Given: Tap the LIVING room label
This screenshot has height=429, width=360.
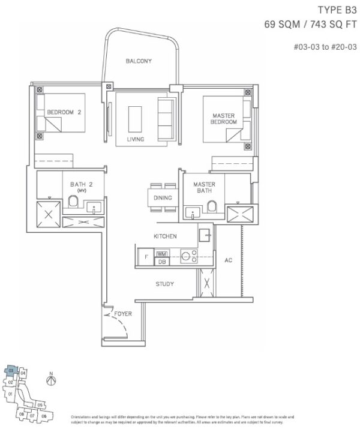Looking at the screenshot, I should [136, 139].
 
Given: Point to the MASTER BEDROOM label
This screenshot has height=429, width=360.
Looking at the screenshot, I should [224, 118].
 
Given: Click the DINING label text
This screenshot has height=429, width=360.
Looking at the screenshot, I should [163, 198].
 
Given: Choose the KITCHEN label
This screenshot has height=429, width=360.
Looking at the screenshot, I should [165, 236].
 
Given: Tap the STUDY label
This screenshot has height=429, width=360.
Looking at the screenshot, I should [164, 284].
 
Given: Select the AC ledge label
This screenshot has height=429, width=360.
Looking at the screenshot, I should [228, 261].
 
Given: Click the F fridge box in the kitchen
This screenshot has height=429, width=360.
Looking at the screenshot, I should [146, 257].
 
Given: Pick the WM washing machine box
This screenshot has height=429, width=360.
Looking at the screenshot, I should [162, 254].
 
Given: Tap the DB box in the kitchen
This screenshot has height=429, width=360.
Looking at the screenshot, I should [162, 262].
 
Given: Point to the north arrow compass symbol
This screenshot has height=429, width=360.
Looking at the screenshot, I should [52, 381].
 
